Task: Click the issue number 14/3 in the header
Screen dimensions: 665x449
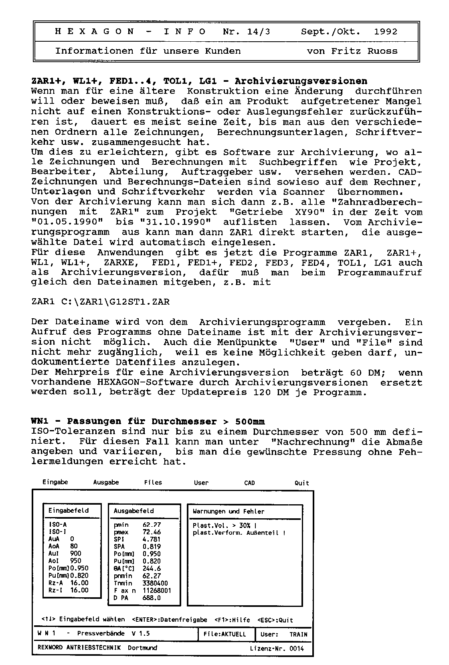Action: (259, 32)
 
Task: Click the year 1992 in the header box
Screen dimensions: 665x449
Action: (386, 32)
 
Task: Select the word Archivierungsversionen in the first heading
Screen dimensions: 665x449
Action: (301, 81)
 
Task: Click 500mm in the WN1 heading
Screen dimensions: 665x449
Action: (250, 422)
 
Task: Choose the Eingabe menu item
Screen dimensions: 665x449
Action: (55, 482)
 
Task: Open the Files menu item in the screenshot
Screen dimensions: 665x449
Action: (153, 483)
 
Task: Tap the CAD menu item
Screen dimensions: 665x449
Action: (249, 483)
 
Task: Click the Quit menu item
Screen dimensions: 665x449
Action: (301, 483)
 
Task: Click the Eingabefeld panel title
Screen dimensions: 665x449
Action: (68, 511)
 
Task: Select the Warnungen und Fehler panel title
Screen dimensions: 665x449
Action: (229, 511)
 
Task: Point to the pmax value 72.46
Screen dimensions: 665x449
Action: (152, 532)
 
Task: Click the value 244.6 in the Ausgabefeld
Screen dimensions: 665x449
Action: (152, 568)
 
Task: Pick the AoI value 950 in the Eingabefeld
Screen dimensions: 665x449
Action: (75, 561)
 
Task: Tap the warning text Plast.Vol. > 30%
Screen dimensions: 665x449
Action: (224, 526)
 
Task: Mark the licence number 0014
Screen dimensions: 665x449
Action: (296, 648)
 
